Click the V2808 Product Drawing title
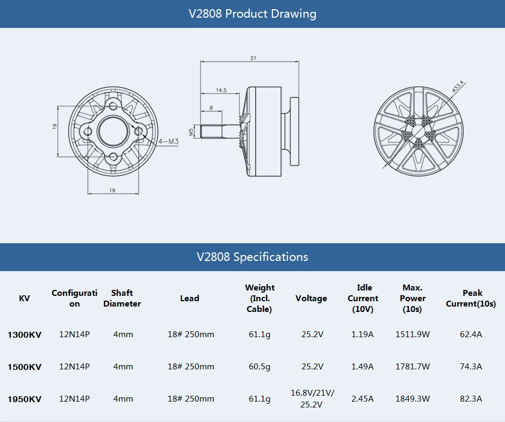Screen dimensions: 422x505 point(252,14)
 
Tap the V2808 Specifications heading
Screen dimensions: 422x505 point(252,257)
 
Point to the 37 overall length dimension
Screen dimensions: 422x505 point(252,58)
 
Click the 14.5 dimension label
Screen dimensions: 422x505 point(221,90)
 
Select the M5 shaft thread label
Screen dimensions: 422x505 point(191,131)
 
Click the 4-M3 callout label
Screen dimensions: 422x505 point(168,142)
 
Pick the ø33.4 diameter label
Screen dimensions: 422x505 point(458,86)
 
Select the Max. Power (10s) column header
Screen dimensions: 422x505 point(412,299)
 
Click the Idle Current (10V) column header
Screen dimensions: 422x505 point(363,299)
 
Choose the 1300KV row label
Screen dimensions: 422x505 point(24,334)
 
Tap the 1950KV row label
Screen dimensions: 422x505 point(24,399)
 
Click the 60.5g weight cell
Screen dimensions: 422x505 point(259,367)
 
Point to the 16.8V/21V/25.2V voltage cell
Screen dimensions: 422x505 point(312,398)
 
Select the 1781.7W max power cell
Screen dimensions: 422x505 point(412,367)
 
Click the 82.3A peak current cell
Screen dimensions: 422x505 point(471,398)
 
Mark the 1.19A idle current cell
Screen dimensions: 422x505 point(362,334)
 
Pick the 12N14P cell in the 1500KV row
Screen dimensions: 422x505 point(74,367)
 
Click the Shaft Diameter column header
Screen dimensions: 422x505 point(122,299)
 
